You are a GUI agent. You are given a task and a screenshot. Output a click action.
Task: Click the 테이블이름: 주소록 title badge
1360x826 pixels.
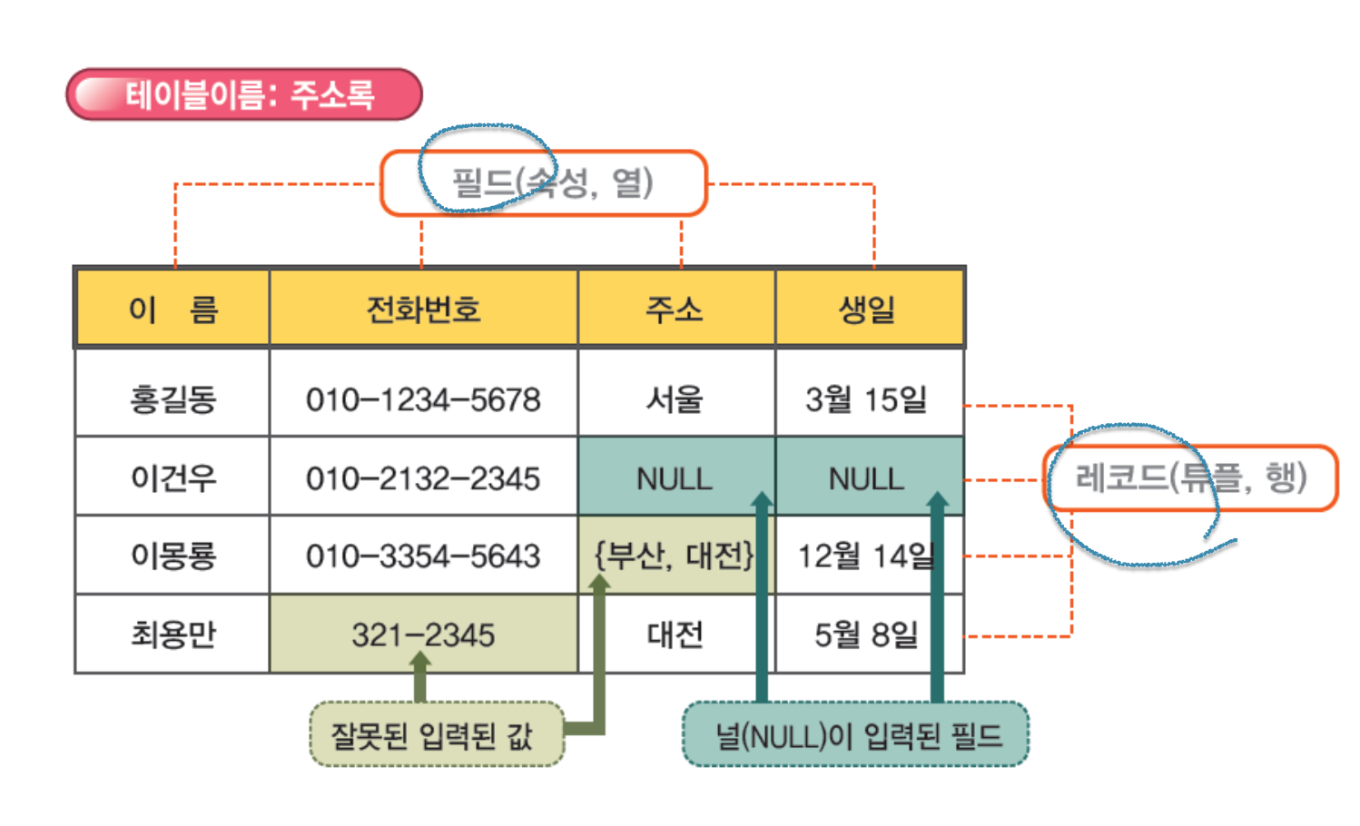244,94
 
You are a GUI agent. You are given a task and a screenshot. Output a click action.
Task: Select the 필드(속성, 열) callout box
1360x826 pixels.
543,183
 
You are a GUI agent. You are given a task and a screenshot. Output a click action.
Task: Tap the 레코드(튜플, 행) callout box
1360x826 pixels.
1190,477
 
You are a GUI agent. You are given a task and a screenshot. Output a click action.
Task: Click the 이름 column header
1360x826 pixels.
172,310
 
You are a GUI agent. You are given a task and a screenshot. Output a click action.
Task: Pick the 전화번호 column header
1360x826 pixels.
423,310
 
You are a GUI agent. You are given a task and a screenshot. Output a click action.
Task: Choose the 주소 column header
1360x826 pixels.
675,310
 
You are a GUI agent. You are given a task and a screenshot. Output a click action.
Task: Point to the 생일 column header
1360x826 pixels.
868,310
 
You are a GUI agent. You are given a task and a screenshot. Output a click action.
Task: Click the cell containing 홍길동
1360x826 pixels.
172,398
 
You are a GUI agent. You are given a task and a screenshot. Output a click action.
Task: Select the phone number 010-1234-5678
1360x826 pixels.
423,398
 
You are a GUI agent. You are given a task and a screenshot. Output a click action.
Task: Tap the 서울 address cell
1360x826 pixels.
675,398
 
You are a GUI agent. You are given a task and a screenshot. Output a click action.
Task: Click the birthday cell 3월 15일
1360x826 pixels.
868,398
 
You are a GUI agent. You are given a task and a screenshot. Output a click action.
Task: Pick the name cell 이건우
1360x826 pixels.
172,477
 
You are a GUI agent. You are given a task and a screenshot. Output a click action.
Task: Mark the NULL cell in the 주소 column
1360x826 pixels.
674,477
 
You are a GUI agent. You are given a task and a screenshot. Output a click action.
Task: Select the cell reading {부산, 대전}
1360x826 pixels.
674,556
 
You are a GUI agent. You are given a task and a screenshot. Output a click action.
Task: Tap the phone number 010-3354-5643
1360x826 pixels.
423,556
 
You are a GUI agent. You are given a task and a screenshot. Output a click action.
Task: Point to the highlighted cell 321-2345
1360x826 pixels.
423,634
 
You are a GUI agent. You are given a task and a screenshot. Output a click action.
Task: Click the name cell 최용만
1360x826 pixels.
172,634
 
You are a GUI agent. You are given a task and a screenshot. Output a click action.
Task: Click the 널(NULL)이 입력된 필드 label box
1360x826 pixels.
855,734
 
